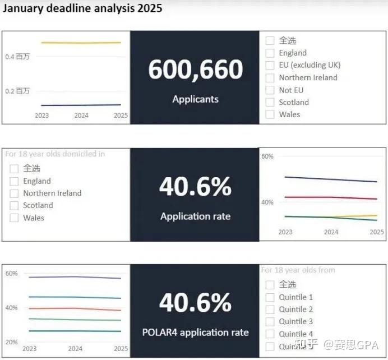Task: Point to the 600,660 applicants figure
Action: (195, 70)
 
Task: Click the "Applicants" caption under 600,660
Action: (195, 99)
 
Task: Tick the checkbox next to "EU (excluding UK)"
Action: (270, 65)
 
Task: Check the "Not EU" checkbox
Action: (270, 90)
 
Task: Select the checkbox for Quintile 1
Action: (270, 297)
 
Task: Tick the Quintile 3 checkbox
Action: (270, 322)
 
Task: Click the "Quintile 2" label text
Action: (296, 310)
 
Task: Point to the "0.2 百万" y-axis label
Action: (17, 91)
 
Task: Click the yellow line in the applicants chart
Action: (81, 43)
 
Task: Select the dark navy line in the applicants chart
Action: (81, 105)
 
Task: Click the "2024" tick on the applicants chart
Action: (82, 116)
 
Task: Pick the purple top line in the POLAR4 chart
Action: (75, 276)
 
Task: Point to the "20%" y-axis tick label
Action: (12, 342)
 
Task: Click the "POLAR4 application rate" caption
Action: (195, 333)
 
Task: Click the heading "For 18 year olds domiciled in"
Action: (55, 154)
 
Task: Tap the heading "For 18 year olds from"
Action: (298, 270)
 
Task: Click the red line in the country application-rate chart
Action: (331, 197)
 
